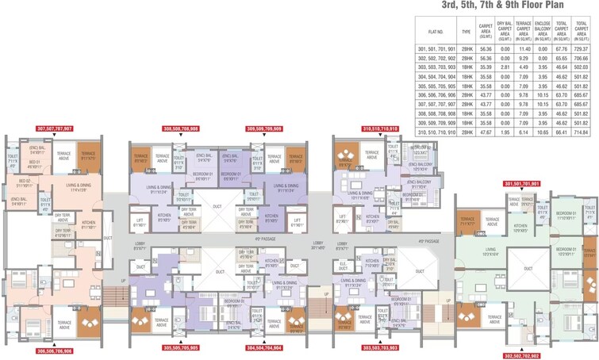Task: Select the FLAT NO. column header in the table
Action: coord(435,33)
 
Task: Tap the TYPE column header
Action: coord(466,33)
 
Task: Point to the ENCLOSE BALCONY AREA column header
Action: coord(543,33)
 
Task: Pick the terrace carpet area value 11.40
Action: coord(524,49)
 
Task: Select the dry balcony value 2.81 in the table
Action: coord(504,67)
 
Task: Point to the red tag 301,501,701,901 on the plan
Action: coord(522,184)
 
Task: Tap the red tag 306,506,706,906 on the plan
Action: coord(55,350)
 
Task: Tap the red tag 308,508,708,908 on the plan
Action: coord(181,128)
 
